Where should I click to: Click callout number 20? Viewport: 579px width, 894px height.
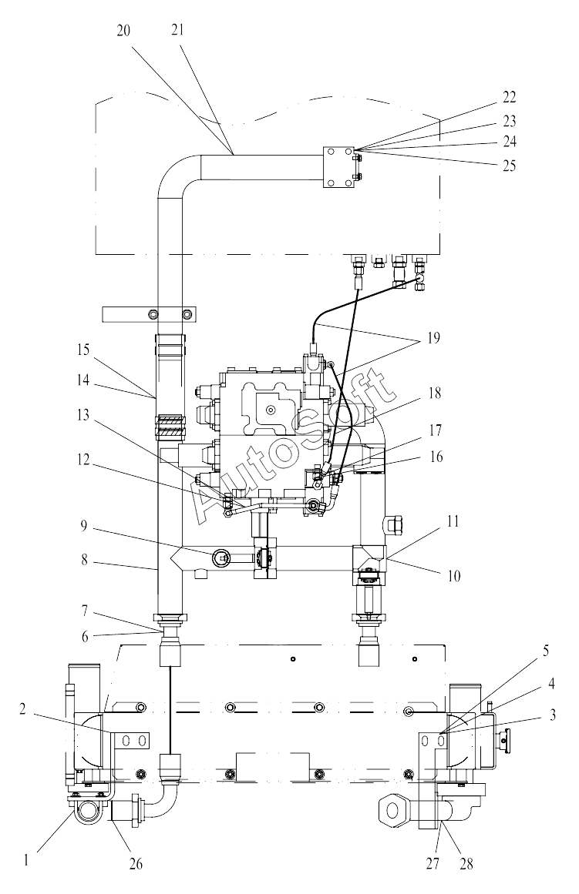123,31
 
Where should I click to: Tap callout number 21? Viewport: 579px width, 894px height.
177,30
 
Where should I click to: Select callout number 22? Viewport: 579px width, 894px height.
510,97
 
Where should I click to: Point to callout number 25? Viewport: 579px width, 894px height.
510,166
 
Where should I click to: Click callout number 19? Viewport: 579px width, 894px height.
433,337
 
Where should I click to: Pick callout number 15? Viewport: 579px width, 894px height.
83,349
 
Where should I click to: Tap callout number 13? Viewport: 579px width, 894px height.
83,414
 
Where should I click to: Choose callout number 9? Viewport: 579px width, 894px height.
84,525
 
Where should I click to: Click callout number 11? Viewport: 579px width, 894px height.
453,521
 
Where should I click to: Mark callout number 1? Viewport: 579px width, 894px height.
25,860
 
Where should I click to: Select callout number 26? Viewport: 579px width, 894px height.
136,864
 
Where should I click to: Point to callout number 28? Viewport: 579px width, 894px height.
466,864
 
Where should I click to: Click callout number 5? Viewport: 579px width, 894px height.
546,651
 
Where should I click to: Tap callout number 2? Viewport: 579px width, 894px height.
22,710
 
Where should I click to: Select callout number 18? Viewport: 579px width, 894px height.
435,393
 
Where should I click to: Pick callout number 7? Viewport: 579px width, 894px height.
84,611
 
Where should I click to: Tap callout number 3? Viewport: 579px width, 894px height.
551,715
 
